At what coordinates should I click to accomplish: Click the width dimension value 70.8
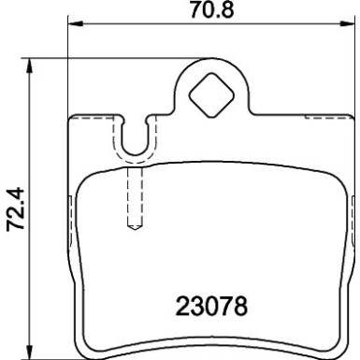coord(210,14)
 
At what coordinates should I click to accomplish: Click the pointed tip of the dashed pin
coord(134,227)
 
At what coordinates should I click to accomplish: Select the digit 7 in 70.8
coord(192,14)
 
